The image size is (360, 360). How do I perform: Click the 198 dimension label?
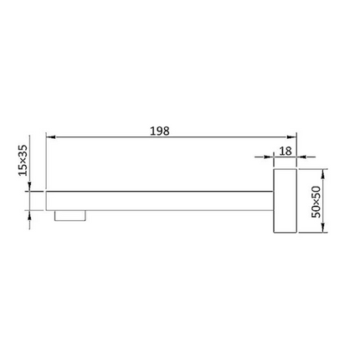160,131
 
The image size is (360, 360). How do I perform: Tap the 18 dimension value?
285,152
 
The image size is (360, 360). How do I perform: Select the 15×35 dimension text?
23,161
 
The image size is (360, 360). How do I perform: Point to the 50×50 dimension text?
316,202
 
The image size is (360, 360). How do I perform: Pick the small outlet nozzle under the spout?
70,216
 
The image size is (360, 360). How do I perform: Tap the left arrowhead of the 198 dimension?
50,137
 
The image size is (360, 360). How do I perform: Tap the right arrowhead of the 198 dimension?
291,137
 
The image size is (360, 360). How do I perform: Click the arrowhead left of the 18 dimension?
269,157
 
